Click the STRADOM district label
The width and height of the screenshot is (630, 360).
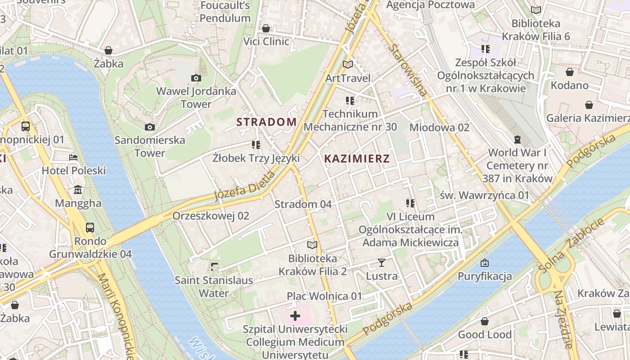(266, 122)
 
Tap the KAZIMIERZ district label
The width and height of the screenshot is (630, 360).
(357, 158)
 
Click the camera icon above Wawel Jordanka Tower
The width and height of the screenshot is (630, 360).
(196, 78)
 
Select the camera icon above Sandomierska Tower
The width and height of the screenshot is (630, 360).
(150, 127)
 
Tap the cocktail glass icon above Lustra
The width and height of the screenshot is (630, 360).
(382, 262)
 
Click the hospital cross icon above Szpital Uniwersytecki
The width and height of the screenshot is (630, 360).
(295, 316)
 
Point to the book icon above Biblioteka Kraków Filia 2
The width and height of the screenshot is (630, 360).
(312, 245)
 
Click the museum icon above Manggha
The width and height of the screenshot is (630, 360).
(78, 190)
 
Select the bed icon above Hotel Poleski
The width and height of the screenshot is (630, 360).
(73, 157)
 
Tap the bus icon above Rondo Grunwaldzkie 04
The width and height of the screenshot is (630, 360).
(90, 228)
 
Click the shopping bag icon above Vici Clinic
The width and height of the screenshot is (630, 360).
(266, 28)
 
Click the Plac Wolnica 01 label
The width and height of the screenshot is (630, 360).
(324, 296)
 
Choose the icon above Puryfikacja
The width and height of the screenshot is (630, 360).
(485, 263)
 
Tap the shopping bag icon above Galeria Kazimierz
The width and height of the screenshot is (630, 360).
(589, 105)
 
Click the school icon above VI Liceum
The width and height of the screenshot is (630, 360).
(410, 203)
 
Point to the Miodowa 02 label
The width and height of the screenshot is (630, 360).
(439, 127)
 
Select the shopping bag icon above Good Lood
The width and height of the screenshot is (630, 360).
(485, 321)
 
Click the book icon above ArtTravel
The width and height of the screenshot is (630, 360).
(347, 65)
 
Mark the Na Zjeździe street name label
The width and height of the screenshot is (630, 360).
(564, 319)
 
